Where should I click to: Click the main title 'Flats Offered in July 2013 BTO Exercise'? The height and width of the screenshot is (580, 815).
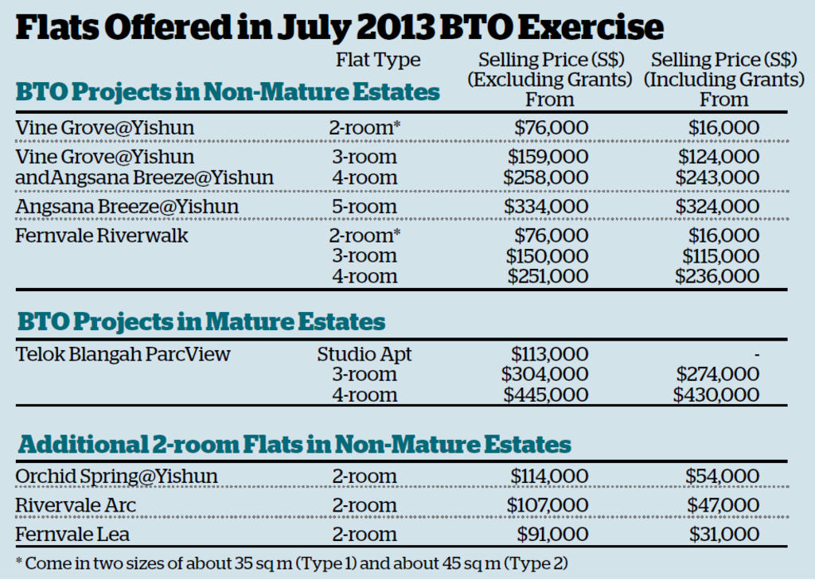pos(340,28)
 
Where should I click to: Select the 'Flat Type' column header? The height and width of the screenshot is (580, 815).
pos(378,60)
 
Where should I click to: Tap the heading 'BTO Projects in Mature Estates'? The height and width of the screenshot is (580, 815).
pos(201,321)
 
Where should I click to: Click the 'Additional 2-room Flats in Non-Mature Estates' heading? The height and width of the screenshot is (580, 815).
pos(294,444)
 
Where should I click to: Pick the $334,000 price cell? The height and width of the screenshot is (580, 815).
pos(547,207)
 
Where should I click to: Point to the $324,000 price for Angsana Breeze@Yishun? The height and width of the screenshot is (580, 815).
pos(717,207)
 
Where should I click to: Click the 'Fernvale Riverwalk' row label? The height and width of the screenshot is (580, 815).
pos(102,236)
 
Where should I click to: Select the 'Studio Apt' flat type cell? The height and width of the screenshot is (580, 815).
pos(365,354)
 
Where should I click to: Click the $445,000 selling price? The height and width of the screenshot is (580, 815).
pos(545,395)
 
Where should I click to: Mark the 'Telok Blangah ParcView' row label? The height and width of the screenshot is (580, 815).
pos(123,354)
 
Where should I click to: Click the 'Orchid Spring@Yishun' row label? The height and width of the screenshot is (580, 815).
pos(116,476)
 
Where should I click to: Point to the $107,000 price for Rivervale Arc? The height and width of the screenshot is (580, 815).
pos(548,505)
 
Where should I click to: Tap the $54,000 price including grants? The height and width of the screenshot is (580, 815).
pos(722,476)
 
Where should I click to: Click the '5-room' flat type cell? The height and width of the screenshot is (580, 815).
pos(364,207)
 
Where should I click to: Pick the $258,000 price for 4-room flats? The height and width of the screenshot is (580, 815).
pos(547,177)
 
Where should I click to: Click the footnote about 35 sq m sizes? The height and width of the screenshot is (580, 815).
pos(292,562)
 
